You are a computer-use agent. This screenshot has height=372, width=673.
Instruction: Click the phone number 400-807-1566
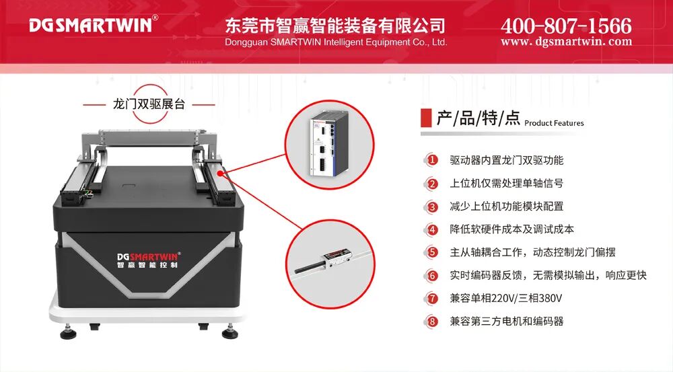pyautogui.click(x=566, y=26)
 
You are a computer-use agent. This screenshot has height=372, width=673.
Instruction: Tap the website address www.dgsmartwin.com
pyautogui.click(x=566, y=42)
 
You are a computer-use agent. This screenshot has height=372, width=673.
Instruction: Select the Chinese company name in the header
pyautogui.click(x=335, y=26)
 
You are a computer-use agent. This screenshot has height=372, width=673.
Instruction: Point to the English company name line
pyautogui.click(x=336, y=42)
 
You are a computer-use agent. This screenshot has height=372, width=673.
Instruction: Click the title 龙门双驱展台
pyautogui.click(x=149, y=104)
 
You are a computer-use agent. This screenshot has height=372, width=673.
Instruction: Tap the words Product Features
pyautogui.click(x=554, y=123)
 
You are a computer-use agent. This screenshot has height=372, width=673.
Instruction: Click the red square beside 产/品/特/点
pyautogui.click(x=426, y=118)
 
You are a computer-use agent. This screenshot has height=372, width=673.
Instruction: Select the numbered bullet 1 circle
pyautogui.click(x=432, y=161)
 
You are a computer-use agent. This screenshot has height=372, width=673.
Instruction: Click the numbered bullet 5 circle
pyautogui.click(x=432, y=252)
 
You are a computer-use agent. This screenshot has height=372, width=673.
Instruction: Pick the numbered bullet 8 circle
pyautogui.click(x=432, y=322)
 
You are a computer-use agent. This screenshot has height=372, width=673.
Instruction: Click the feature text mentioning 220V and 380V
pyautogui.click(x=506, y=298)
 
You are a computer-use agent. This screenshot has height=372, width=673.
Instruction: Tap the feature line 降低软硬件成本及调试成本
pyautogui.click(x=511, y=229)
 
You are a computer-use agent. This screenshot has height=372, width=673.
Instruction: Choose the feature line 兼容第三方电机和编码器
pyautogui.click(x=507, y=322)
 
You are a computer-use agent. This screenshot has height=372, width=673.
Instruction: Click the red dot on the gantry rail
pyautogui.click(x=220, y=174)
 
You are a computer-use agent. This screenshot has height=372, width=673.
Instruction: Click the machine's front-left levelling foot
pyautogui.click(x=68, y=332)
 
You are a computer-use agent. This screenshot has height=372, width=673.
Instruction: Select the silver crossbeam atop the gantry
pyautogui.click(x=149, y=138)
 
